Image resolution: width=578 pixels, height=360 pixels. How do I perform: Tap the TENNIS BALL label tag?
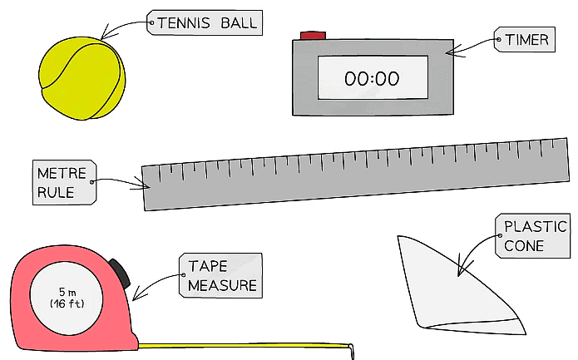205,23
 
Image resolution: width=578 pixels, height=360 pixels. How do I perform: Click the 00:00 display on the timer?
372,80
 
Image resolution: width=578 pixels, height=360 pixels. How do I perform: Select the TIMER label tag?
524,40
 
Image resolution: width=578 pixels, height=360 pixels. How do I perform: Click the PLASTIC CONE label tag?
532,235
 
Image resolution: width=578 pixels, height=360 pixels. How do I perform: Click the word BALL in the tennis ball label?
236,23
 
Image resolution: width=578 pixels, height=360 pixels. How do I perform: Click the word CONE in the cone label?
524,246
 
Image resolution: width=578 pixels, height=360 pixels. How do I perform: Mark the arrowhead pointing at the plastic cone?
459,270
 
